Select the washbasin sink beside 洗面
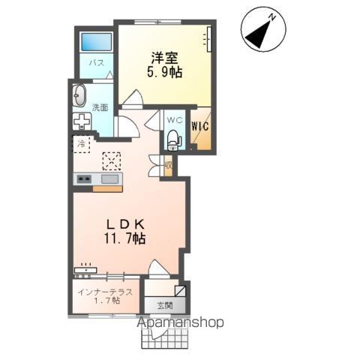pyautogui.click(x=79, y=96)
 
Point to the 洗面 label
pyautogui.click(x=100, y=107)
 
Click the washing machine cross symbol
pyautogui.click(x=81, y=121)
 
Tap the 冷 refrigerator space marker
pyautogui.click(x=79, y=142)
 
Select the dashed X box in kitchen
pyautogui.click(x=112, y=160)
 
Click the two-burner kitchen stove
pyautogui.click(x=83, y=178)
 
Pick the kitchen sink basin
pyautogui.click(x=110, y=178)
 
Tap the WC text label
pyautogui.click(x=173, y=120)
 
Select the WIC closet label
pyautogui.click(x=199, y=127)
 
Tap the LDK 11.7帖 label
pyautogui.click(x=125, y=229)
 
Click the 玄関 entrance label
pyautogui.click(x=165, y=305)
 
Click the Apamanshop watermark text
pyautogui.click(x=181, y=322)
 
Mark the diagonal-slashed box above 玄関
pyautogui.click(x=180, y=290)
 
